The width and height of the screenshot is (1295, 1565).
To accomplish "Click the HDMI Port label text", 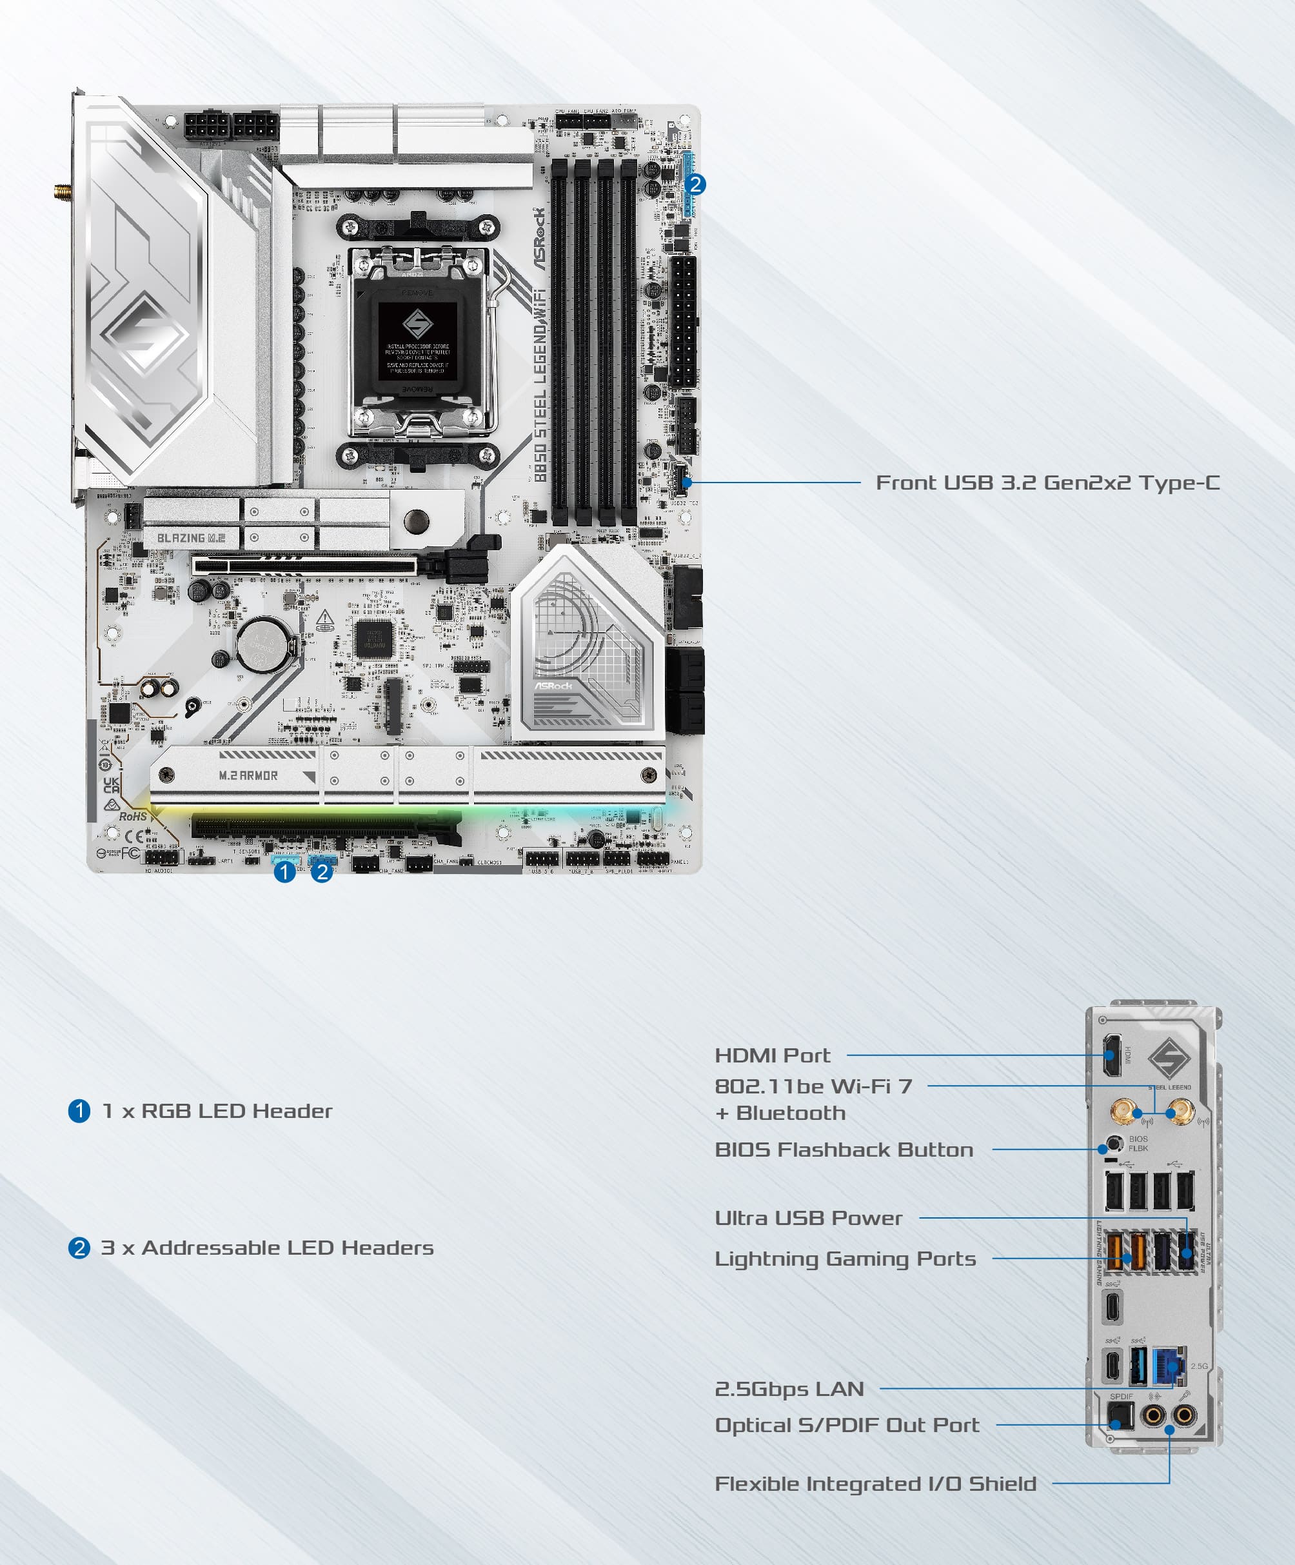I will [772, 1055].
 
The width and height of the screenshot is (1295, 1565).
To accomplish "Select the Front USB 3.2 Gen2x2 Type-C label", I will [1047, 483].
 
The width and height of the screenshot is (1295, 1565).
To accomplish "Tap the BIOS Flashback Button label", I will [844, 1149].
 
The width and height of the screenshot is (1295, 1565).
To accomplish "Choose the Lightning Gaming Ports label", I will [845, 1259].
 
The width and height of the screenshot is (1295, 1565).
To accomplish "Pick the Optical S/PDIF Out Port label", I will [846, 1425].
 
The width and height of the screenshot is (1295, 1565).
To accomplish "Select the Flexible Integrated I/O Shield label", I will [875, 1484].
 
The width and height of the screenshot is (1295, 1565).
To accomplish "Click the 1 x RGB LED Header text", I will [217, 1111].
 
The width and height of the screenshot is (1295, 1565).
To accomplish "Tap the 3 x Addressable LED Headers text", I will [267, 1248].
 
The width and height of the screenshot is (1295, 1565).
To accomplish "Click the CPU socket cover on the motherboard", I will [417, 339].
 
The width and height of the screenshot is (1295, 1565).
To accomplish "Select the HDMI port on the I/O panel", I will [1112, 1055].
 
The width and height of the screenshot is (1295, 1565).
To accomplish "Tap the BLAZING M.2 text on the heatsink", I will [191, 537].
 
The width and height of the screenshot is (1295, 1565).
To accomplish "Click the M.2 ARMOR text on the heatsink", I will [248, 776].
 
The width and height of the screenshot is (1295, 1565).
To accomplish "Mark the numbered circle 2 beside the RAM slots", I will [695, 184].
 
